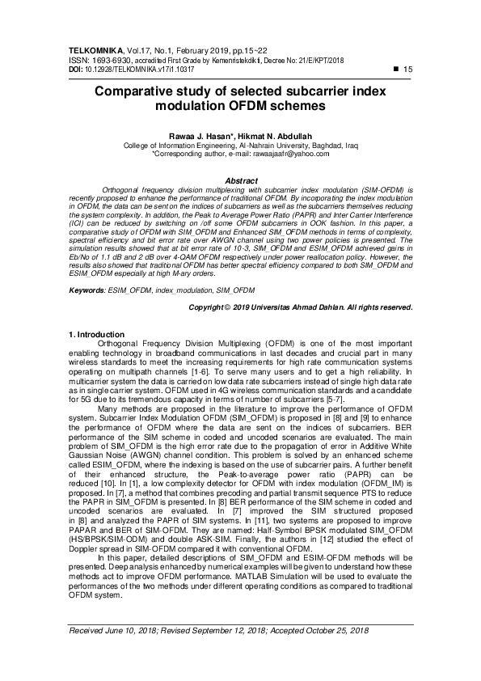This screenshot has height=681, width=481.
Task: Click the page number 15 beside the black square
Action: (407, 70)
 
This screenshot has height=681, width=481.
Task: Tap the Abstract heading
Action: (240, 180)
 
